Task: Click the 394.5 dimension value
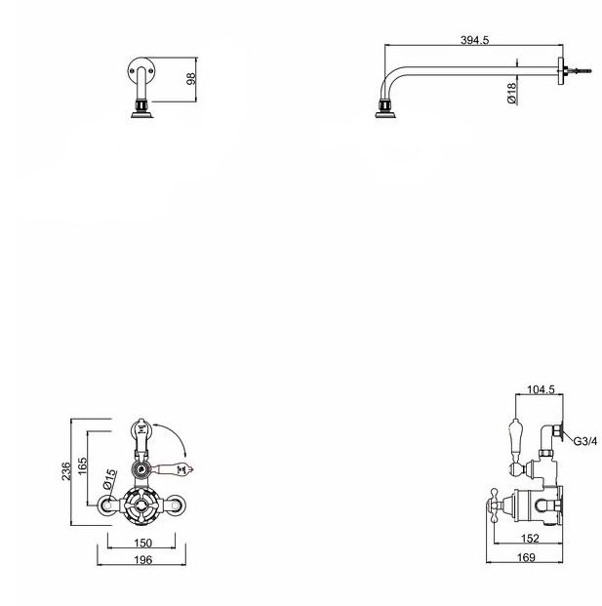(474, 40)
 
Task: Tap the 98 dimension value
(191, 78)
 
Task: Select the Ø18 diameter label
(511, 93)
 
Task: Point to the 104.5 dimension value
(541, 389)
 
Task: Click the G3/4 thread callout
(585, 441)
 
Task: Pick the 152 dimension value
(530, 538)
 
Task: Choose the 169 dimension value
(526, 557)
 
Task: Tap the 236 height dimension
(66, 471)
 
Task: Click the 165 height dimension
(83, 466)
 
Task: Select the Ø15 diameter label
(109, 480)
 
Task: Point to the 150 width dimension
(142, 543)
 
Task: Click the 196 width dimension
(142, 559)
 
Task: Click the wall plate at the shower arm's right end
(561, 71)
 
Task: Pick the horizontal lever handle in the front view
(173, 469)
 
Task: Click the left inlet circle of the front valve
(107, 505)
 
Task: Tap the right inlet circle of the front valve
(175, 505)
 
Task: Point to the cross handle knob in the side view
(494, 505)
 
